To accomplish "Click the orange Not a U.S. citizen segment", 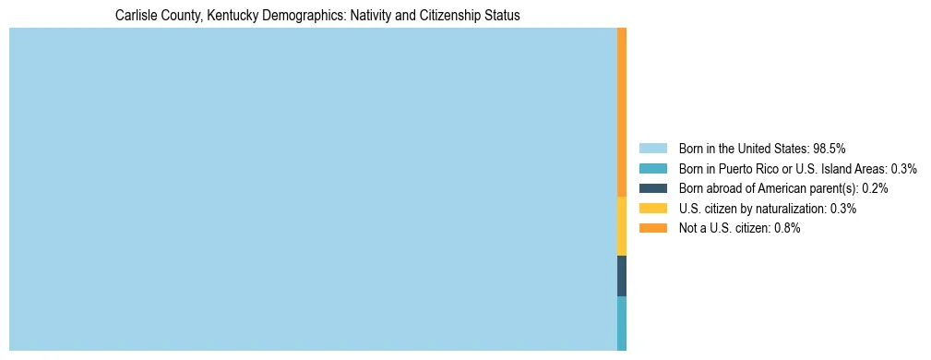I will pyautogui.click(x=622, y=112).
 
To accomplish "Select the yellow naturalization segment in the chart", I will pyautogui.click(x=622, y=226).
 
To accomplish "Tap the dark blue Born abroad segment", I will pyautogui.click(x=622, y=275).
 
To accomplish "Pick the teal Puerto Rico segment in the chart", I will pyautogui.click(x=622, y=322).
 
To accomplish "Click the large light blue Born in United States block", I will pyautogui.click(x=313, y=189).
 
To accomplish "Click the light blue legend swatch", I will pyautogui.click(x=652, y=148).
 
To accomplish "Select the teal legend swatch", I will pyautogui.click(x=652, y=168).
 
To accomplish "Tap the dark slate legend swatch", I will pyautogui.click(x=652, y=188).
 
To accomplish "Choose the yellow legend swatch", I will pyautogui.click(x=652, y=209).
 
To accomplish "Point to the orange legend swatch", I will pyautogui.click(x=652, y=228).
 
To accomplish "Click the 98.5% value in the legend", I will pyautogui.click(x=830, y=148).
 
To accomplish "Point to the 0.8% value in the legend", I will pyautogui.click(x=786, y=228).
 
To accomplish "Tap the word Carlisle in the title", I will pyautogui.click(x=137, y=16).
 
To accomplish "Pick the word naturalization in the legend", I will pyautogui.click(x=789, y=209).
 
